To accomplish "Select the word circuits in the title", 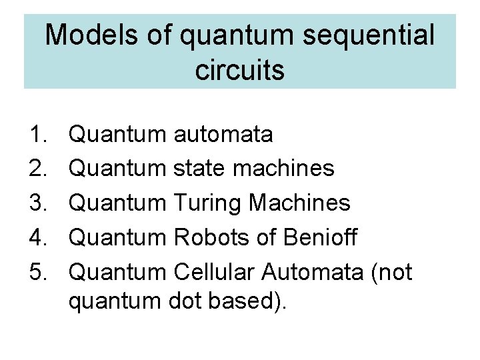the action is tap(240, 69).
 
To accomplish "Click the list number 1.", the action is tap(36, 135).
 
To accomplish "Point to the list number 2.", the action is tap(36, 169).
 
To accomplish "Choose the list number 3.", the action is tap(36, 203).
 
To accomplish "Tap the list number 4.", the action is tap(36, 237).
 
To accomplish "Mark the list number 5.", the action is tap(36, 272).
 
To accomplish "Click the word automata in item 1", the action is tap(223, 135).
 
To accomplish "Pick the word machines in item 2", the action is tap(284, 169).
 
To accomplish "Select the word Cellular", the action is tap(214, 272).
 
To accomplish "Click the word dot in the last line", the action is tap(198, 301).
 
